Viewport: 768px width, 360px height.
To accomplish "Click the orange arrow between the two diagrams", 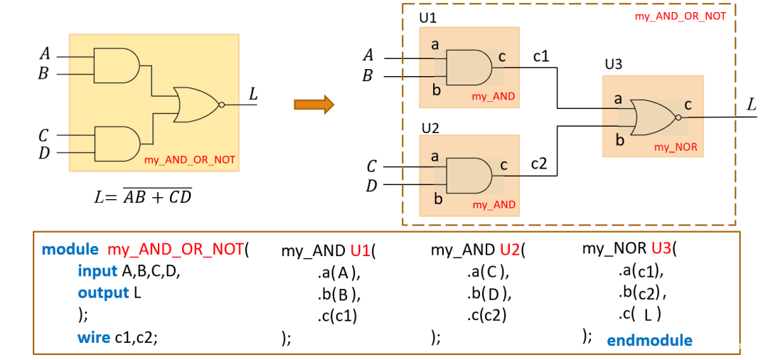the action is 314,105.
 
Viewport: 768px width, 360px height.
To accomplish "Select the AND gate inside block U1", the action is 469,68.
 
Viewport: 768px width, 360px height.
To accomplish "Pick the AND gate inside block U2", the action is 469,176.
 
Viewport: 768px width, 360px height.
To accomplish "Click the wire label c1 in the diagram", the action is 541,57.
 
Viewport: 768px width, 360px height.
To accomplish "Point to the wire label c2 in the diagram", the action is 539,164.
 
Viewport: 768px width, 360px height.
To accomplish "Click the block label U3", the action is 613,65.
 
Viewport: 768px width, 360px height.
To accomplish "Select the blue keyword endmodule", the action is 649,340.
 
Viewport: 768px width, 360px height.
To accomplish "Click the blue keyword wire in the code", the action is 94,337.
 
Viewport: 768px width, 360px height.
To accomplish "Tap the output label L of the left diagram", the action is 252,93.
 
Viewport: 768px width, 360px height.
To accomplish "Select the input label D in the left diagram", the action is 44,153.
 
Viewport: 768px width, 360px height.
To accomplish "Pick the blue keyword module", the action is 70,250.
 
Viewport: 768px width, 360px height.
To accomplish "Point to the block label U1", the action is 427,19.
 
